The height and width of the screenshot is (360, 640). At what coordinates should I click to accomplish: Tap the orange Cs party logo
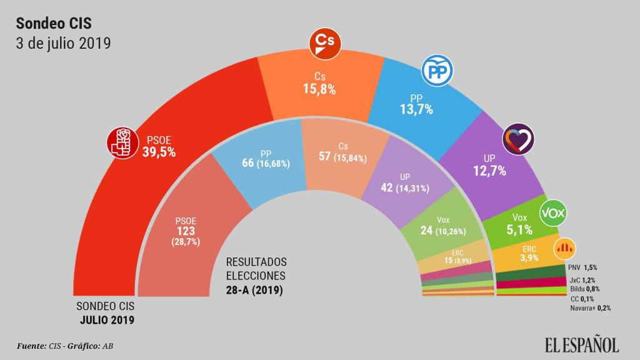click(x=326, y=42)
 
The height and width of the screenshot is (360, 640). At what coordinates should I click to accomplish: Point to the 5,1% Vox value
click(x=519, y=229)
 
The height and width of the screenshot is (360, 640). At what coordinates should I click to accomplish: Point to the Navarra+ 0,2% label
click(x=590, y=307)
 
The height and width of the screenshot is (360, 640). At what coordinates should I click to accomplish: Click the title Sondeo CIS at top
click(x=54, y=24)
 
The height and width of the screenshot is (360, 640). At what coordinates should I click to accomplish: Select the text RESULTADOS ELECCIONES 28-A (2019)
click(x=256, y=275)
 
